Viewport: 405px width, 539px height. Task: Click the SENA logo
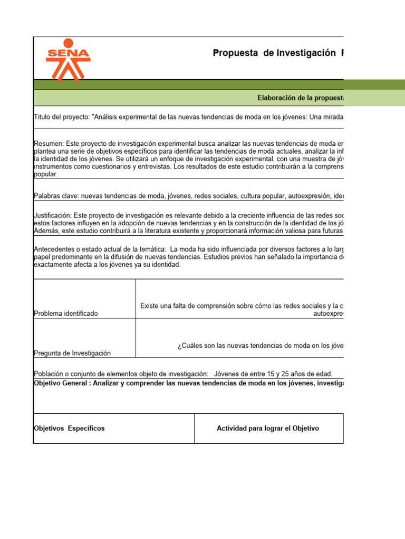point(68,58)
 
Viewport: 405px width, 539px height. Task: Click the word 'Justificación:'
point(53,216)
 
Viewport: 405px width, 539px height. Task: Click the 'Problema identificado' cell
point(66,314)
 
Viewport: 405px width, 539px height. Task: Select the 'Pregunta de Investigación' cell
point(72,353)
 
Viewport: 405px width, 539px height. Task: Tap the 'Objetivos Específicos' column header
point(69,428)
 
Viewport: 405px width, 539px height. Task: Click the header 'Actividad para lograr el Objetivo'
point(268,428)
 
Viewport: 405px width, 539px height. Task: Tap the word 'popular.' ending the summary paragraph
point(45,174)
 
